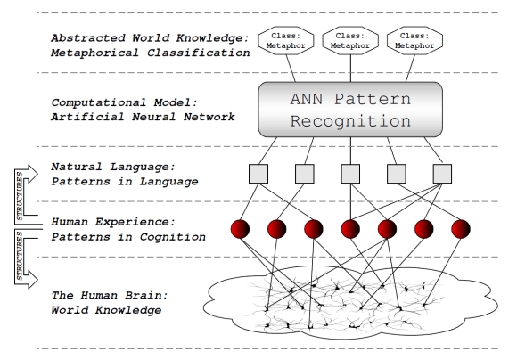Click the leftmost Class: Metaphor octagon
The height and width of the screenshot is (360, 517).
click(x=286, y=41)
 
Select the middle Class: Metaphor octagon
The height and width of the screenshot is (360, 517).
click(x=350, y=41)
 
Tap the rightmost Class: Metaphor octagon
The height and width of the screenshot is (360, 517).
click(x=414, y=41)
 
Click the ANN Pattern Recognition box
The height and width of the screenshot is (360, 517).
click(x=350, y=110)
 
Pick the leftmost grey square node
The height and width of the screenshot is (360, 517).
click(x=258, y=174)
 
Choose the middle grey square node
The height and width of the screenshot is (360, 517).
click(x=350, y=174)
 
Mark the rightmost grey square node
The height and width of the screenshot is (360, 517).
click(x=442, y=174)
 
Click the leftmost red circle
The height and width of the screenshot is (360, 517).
click(x=240, y=229)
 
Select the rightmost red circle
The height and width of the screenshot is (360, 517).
click(x=461, y=229)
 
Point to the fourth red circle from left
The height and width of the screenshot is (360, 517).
click(x=350, y=229)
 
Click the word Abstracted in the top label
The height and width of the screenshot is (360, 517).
click(x=88, y=38)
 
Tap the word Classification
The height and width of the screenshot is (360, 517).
click(x=198, y=53)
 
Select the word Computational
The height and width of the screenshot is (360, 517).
click(x=99, y=102)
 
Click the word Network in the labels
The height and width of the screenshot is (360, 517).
click(x=209, y=117)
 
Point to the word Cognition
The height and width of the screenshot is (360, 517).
click(x=172, y=237)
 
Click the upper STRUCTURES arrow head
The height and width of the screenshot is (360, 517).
click(x=33, y=174)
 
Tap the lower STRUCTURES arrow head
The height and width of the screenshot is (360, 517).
click(x=33, y=280)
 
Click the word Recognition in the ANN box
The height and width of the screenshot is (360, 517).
click(x=350, y=121)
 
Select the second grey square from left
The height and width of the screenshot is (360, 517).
click(x=304, y=174)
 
